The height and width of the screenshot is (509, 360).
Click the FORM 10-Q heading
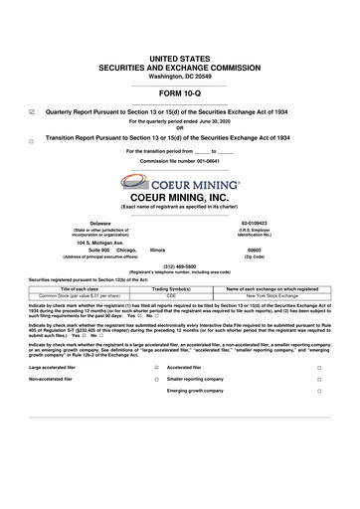[179, 94]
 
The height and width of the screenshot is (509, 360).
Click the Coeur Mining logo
[180, 181]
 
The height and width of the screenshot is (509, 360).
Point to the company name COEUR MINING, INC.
[180, 197]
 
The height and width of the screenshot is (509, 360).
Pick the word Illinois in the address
[157, 250]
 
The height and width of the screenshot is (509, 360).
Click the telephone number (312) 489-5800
[180, 265]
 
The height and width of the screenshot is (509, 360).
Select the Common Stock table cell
[73, 295]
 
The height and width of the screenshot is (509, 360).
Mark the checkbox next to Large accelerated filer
[156, 367]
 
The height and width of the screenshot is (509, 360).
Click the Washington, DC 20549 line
[180, 76]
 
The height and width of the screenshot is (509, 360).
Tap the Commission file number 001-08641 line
[180, 160]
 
